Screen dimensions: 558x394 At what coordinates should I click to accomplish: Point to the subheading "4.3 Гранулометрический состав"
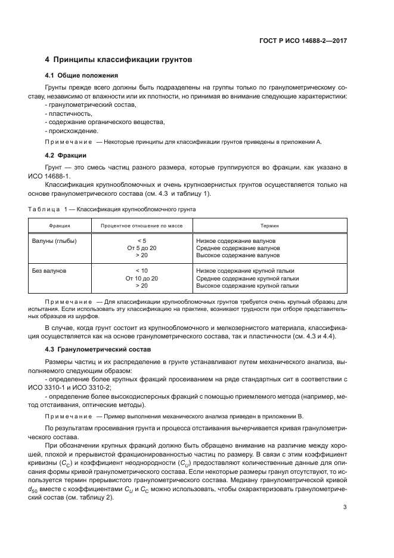[x=98, y=348]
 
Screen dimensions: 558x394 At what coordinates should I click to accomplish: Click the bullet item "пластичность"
[x=69, y=113]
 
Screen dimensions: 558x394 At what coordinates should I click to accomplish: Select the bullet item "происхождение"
[x=72, y=131]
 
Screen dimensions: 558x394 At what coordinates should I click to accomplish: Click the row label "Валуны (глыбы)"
[x=54, y=241]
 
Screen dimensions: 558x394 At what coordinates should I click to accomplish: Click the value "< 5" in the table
[x=141, y=241]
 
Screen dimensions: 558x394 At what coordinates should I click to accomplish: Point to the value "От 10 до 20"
[x=141, y=278]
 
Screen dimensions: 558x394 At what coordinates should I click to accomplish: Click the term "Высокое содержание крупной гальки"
[x=247, y=286]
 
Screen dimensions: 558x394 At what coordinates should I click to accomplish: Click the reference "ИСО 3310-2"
[x=89, y=388]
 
